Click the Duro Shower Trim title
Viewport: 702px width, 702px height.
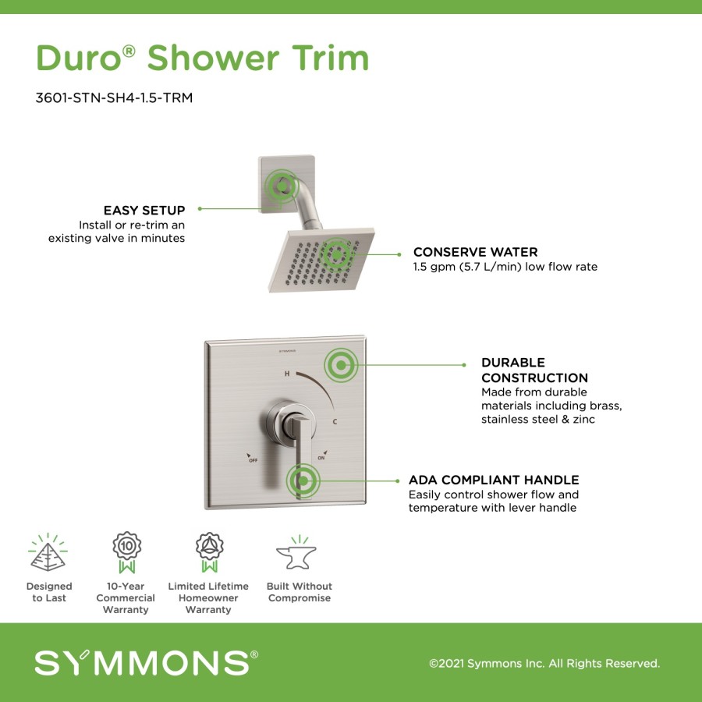202,58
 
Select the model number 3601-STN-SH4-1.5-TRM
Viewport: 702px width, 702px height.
114,97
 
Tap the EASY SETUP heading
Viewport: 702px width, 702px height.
144,210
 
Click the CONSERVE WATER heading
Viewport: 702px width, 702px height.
476,252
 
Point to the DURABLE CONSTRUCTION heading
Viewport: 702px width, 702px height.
534,370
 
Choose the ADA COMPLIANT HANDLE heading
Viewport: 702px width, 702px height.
494,480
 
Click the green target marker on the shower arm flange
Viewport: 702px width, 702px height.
282,186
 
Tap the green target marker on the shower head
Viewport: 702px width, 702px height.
336,255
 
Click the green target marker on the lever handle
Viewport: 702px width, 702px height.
303,480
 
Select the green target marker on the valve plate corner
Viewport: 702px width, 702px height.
341,365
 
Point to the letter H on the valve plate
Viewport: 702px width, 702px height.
287,374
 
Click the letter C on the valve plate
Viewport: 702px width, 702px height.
335,422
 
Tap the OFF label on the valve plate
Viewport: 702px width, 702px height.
253,459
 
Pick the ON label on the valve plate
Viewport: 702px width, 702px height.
321,458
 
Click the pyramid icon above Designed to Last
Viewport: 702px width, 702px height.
48,552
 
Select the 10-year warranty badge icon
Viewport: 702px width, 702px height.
126,552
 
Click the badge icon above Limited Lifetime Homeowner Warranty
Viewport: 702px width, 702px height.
210,552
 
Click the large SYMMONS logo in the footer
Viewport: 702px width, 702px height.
146,663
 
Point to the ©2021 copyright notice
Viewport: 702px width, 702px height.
544,664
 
